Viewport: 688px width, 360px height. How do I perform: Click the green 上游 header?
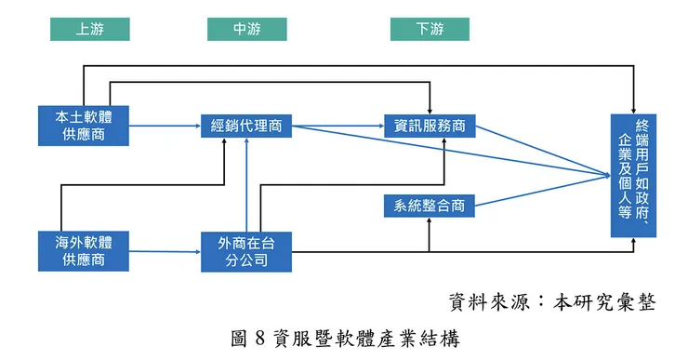coord(89,29)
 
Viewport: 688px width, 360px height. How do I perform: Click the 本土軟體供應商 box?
coord(84,126)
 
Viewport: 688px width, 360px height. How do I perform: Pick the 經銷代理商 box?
coord(246,126)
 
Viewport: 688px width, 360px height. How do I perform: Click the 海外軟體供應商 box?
coord(84,251)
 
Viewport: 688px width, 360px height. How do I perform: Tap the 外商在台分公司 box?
coord(246,251)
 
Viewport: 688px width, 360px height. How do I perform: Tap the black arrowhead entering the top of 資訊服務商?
coord(430,110)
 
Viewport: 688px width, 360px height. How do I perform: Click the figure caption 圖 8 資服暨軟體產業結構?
coord(345,338)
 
